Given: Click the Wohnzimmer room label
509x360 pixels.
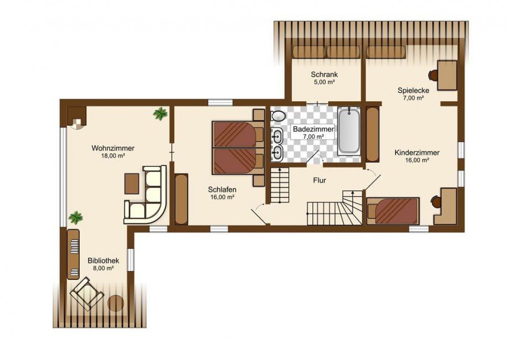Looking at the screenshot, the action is pyautogui.click(x=113, y=148).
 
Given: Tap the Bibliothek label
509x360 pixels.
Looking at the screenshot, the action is pyautogui.click(x=103, y=261).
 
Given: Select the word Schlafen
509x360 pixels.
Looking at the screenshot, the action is pyautogui.click(x=222, y=190).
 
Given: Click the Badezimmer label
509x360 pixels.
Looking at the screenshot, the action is pyautogui.click(x=313, y=129).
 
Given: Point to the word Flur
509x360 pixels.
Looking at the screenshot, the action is pyautogui.click(x=319, y=180).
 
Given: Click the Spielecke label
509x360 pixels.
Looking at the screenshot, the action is pyautogui.click(x=413, y=91).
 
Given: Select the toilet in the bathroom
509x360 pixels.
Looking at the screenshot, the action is pyautogui.click(x=278, y=116).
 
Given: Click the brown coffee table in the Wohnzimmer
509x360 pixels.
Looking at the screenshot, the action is pyautogui.click(x=132, y=184).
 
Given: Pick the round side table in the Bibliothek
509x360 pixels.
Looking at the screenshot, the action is pyautogui.click(x=116, y=304).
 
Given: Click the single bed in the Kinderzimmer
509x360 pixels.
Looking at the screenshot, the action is pyautogui.click(x=393, y=211).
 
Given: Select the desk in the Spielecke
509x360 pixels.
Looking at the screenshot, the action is pyautogui.click(x=447, y=75).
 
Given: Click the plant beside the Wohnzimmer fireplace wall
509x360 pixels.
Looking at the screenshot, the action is pyautogui.click(x=160, y=113).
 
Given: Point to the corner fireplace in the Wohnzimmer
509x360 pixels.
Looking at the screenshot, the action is pyautogui.click(x=77, y=118).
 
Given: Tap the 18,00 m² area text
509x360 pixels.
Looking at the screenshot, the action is pyautogui.click(x=113, y=156).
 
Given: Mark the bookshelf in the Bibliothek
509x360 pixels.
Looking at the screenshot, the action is pyautogui.click(x=74, y=254).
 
